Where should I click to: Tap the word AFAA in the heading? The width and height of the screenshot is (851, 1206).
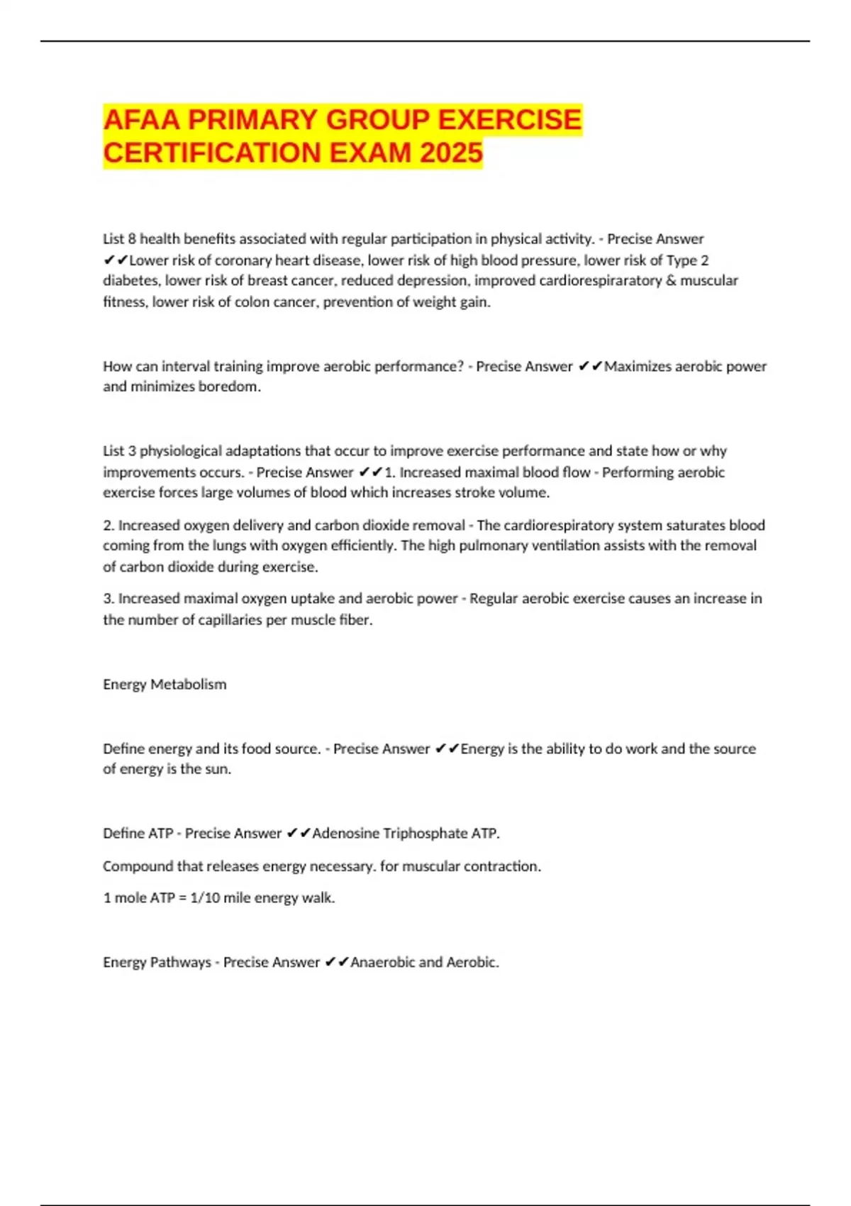pyautogui.click(x=142, y=119)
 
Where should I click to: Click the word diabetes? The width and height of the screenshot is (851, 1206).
pyautogui.click(x=131, y=280)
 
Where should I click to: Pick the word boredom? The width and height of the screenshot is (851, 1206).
pyautogui.click(x=231, y=387)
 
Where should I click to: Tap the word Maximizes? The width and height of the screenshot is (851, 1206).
pyautogui.click(x=637, y=366)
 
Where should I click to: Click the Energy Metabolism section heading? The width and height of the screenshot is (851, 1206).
pyautogui.click(x=165, y=684)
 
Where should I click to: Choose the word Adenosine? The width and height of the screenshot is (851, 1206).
pyautogui.click(x=345, y=833)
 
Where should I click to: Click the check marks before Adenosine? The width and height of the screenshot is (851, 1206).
pyautogui.click(x=299, y=833)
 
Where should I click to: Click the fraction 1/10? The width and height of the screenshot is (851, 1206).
pyautogui.click(x=205, y=897)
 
